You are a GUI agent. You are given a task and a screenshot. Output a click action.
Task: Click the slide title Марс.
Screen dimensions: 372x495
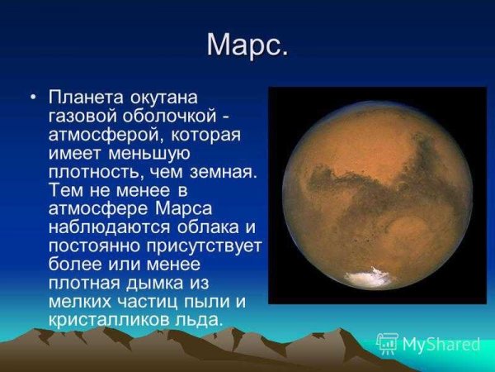(x=247, y=45)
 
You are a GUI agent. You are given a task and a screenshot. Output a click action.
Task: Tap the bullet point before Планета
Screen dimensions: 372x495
(x=33, y=98)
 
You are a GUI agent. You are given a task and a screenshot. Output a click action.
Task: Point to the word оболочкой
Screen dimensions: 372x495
(x=166, y=116)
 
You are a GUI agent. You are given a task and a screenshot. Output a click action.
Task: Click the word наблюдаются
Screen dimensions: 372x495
(x=104, y=226)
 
